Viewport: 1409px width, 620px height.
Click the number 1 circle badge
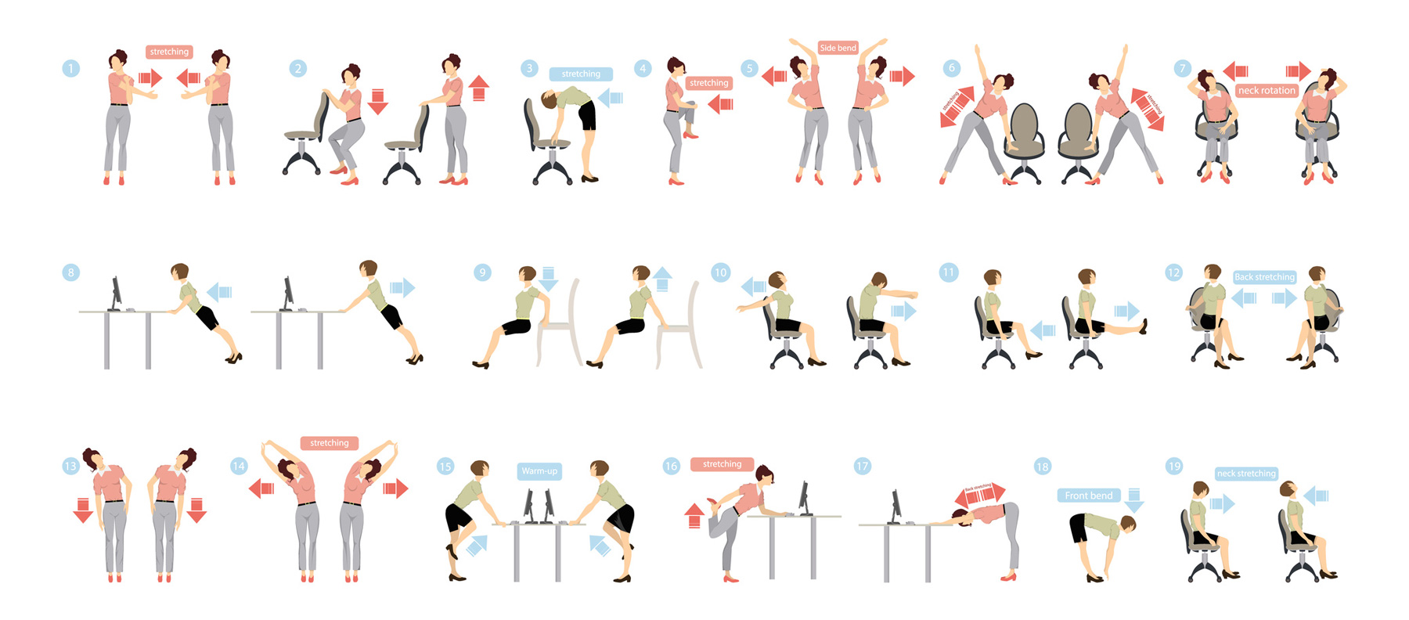[x=70, y=68]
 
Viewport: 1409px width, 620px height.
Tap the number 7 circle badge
[x=1182, y=68]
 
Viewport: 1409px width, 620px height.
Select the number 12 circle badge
[x=1173, y=272]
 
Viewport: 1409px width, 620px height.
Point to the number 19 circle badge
[x=1174, y=467]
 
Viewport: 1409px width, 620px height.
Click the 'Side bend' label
[x=838, y=48]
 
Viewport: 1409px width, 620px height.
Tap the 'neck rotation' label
[x=1267, y=91]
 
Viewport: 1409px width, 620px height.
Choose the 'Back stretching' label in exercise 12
[x=1264, y=277]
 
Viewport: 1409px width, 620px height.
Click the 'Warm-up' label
[x=539, y=471]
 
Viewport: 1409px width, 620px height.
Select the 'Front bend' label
[x=1088, y=496]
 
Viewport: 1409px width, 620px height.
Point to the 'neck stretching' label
[x=1246, y=474]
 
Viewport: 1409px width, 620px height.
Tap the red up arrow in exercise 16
[x=694, y=516]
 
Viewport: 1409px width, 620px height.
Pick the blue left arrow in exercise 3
[x=611, y=98]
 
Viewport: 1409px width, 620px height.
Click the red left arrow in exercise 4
[x=721, y=104]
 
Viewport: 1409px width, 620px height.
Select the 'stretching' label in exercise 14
[x=329, y=443]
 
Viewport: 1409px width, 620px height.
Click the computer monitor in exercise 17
[x=895, y=506]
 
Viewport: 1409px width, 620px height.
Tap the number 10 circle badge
[x=720, y=272]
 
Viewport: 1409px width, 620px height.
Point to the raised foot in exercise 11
[x=1144, y=326]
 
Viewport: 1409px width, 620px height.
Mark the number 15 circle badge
[x=445, y=467]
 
